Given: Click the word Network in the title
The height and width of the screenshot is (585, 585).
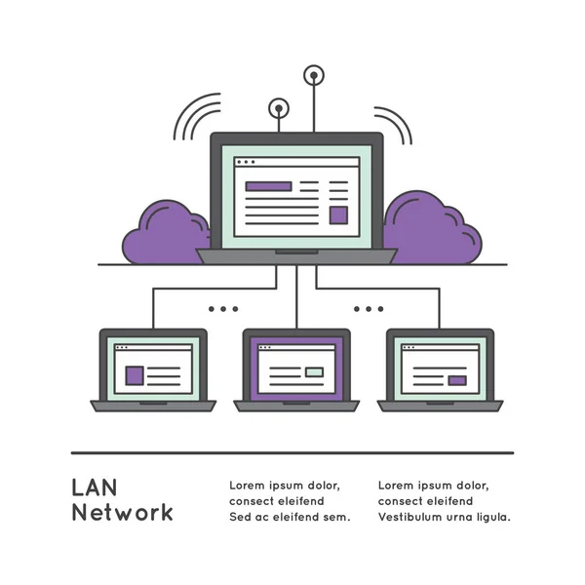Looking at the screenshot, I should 122,513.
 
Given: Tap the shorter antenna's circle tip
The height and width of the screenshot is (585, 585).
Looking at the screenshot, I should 279,108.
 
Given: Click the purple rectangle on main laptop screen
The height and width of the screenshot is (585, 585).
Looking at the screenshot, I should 268,185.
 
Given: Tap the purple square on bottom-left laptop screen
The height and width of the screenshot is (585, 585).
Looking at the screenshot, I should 135,373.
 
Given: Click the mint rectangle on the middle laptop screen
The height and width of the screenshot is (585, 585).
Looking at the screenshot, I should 314,371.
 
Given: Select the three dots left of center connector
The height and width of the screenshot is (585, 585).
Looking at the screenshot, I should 222,309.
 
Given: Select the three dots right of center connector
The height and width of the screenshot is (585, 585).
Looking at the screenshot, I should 369,309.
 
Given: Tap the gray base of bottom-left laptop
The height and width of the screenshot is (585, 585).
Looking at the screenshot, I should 153,406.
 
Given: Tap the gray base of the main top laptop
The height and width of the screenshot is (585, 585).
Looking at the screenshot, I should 296,255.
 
